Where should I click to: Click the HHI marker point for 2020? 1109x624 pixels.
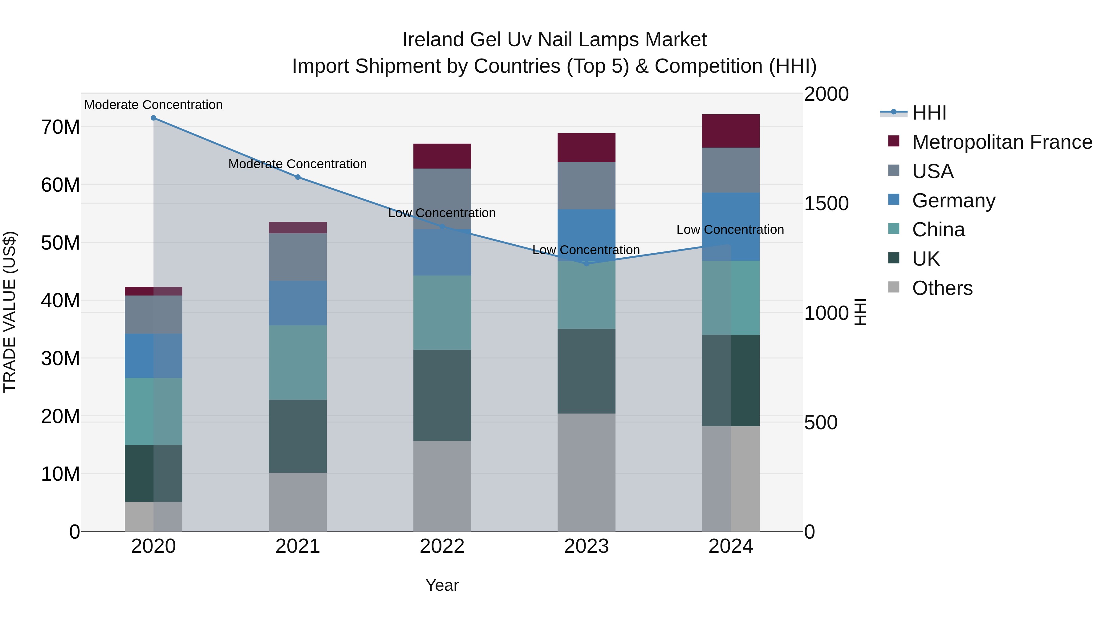coord(153,118)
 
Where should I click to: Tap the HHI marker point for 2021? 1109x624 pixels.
coord(298,177)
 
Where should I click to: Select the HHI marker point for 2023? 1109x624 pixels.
coord(586,263)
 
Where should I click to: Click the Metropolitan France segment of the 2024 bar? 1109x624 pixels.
coord(731,131)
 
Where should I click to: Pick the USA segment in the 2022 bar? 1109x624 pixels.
coord(442,198)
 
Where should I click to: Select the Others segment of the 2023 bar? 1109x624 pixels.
coord(586,472)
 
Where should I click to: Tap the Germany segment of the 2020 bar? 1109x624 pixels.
coord(153,356)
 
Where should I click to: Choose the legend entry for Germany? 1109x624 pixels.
coord(953,201)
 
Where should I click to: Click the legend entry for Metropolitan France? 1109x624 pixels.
coord(1001,142)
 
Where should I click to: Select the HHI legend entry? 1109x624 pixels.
coord(928,113)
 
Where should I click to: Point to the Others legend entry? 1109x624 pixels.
coord(941,288)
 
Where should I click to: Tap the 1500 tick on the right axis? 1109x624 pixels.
coord(826,204)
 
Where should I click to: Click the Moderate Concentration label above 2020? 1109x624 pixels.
coord(153,105)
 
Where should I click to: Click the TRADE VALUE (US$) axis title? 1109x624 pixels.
coord(10,312)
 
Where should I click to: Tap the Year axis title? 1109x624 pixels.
coord(442,585)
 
